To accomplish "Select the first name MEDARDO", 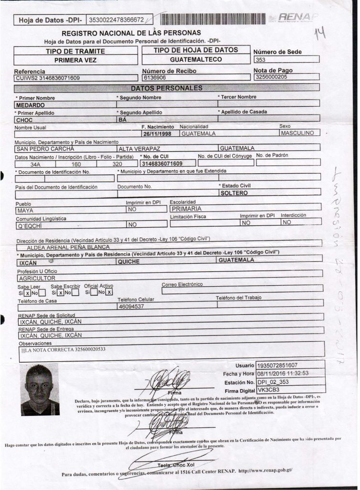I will (30, 105).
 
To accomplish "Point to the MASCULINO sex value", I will (297, 133).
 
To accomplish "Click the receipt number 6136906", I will (155, 77).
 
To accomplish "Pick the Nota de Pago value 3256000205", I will (271, 77).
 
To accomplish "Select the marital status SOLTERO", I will (234, 193).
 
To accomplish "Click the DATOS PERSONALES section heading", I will (166, 88).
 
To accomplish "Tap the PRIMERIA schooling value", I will (186, 209).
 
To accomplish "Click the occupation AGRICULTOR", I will (37, 278).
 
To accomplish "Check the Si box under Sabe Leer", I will (28, 293).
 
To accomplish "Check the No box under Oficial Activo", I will (109, 292).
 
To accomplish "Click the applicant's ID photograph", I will (40, 389).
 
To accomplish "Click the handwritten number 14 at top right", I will (319, 33).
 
